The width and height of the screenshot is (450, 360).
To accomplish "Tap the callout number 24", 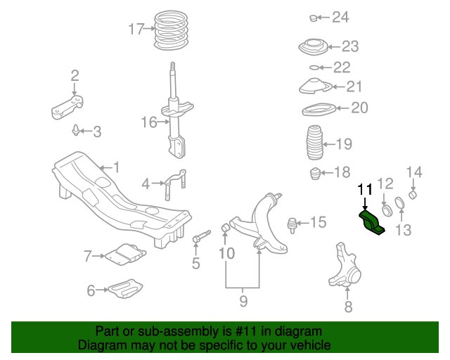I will pyautogui.click(x=340, y=17).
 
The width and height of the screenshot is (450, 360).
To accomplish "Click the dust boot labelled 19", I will pyautogui.click(x=315, y=144).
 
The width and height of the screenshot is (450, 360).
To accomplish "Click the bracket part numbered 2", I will pyautogui.click(x=67, y=108).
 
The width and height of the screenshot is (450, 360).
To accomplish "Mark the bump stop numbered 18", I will pyautogui.click(x=316, y=173).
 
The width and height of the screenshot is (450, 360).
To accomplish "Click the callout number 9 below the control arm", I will pyautogui.click(x=243, y=301).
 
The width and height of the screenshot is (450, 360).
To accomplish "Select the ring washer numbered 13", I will pyautogui.click(x=400, y=204).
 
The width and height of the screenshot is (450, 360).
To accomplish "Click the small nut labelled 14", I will pyautogui.click(x=414, y=193).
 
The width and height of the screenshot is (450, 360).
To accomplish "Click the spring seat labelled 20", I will pyautogui.click(x=315, y=110).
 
